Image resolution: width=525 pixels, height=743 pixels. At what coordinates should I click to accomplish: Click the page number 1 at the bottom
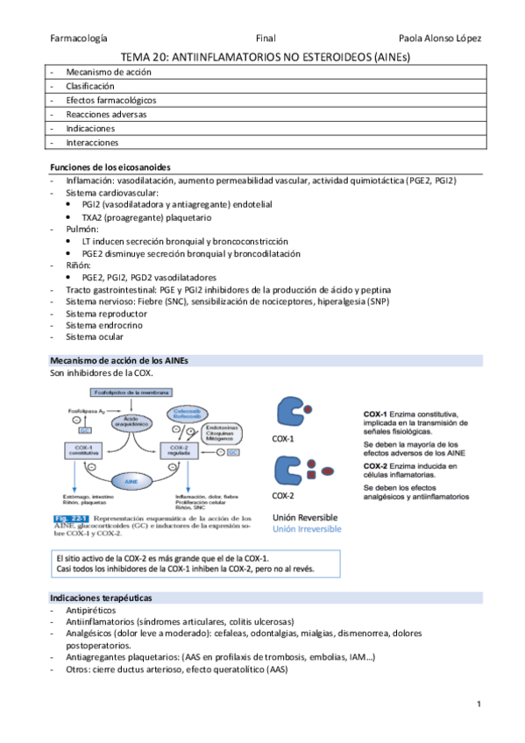pos(479,704)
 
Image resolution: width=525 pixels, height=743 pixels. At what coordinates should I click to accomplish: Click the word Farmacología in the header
pos(79,39)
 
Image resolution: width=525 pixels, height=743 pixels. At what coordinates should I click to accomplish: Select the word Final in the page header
pos(266,39)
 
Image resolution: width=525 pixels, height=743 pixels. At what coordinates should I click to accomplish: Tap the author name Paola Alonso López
pos(439,39)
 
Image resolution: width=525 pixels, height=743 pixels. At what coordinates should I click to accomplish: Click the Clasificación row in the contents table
pos(90,87)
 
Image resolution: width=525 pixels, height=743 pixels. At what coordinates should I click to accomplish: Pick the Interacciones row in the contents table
pos(92,142)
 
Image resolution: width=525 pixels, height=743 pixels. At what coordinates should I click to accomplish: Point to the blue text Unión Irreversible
pos(307,529)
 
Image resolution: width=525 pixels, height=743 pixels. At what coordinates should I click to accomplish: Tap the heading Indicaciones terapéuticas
pos(101,597)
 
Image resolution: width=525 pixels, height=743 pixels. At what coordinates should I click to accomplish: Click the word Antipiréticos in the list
pos(92,609)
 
